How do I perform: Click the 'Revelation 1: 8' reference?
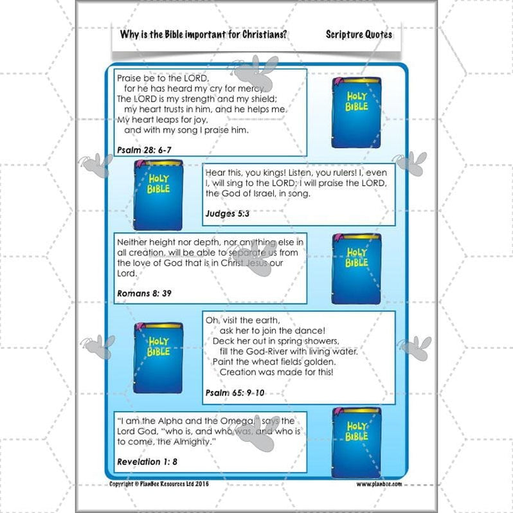[147, 462]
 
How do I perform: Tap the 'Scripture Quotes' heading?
[359, 34]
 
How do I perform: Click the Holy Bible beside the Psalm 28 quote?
[356, 113]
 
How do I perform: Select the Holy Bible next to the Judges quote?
[158, 195]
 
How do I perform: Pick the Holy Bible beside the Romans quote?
[356, 269]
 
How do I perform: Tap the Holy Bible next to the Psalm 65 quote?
[158, 358]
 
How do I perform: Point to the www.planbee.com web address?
[379, 483]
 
